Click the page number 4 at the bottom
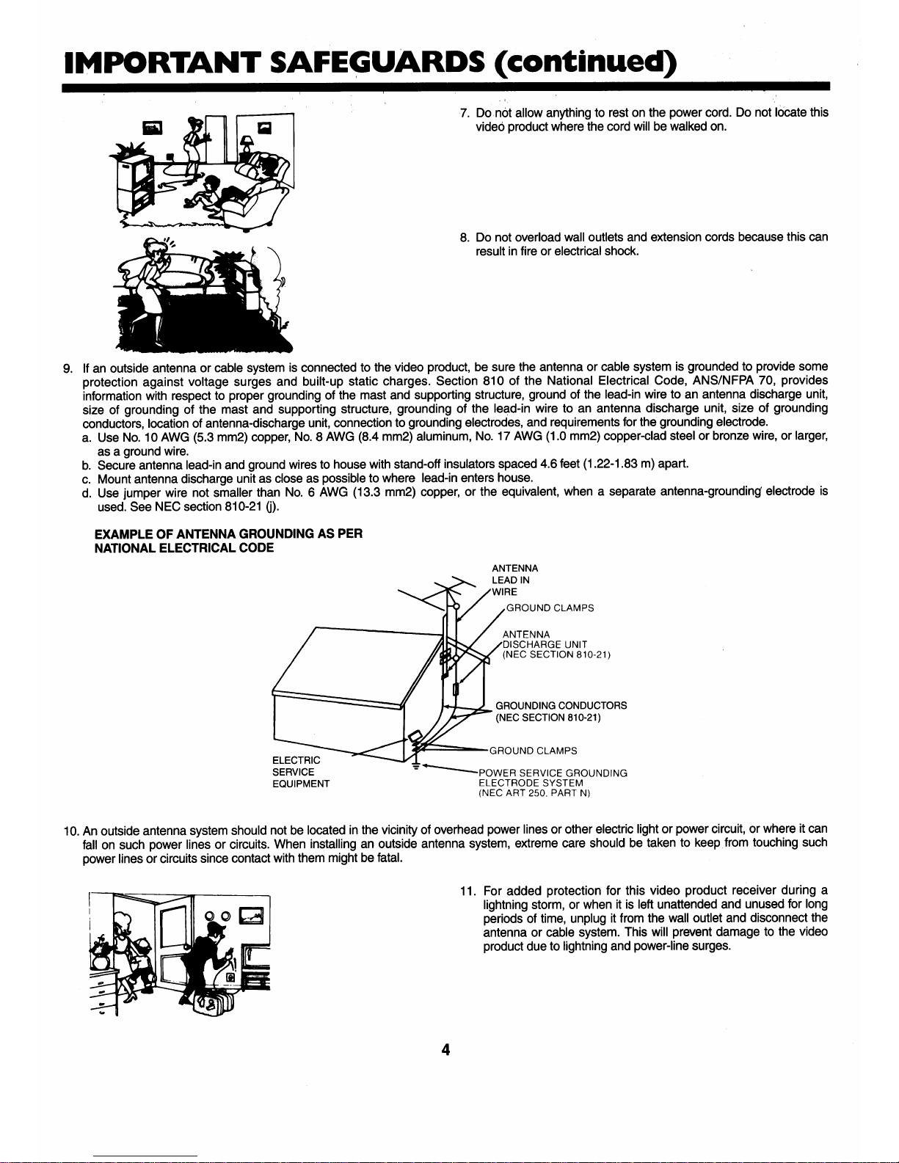[x=445, y=1050]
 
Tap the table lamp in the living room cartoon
[x=247, y=145]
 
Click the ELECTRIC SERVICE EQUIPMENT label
[x=301, y=772]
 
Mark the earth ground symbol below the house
[x=416, y=765]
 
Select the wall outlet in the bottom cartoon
[x=230, y=977]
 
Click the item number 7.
[x=465, y=114]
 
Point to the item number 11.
[x=467, y=891]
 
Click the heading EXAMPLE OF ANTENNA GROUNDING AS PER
[x=228, y=533]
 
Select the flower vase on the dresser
[x=100, y=953]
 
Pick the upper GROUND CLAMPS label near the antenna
[x=550, y=608]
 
